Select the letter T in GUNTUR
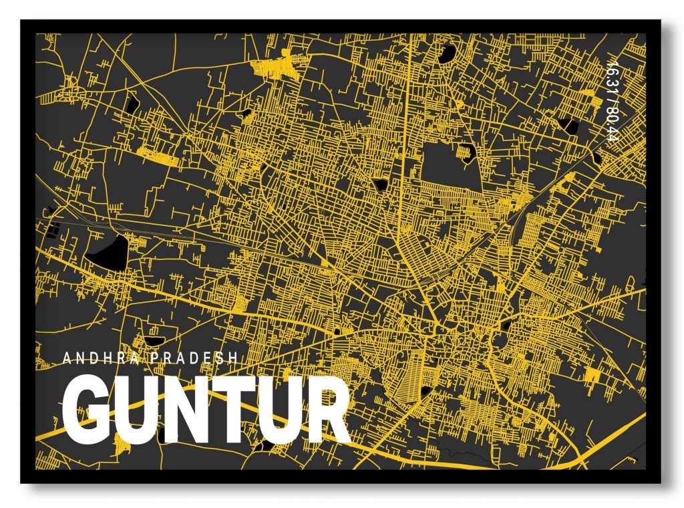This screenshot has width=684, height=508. (234, 410)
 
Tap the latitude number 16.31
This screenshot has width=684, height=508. (609, 79)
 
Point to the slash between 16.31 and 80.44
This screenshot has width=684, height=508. (609, 102)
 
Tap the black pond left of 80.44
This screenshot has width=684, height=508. (567, 125)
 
